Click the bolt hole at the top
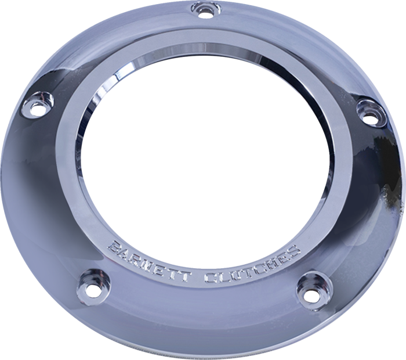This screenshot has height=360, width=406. [204, 9]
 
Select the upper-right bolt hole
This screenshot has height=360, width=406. [368, 110]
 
